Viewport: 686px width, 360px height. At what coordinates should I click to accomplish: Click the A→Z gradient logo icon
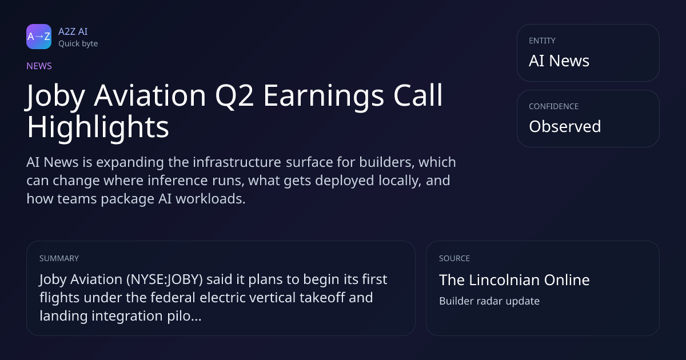tap(39, 37)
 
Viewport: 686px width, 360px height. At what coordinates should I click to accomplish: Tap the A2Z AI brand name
tap(73, 31)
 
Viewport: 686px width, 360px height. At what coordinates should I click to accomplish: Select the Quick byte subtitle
tap(78, 44)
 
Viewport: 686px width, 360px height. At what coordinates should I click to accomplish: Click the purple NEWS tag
tap(39, 66)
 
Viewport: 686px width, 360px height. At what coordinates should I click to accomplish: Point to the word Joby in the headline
tap(55, 96)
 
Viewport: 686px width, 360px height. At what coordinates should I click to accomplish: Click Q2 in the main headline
tap(234, 96)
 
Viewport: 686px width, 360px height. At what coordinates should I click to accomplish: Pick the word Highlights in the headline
tap(98, 127)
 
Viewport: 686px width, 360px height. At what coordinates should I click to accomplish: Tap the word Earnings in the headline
tap(324, 96)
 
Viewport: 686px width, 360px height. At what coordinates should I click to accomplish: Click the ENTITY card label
tap(542, 41)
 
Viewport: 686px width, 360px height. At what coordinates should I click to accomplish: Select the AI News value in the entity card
tap(559, 61)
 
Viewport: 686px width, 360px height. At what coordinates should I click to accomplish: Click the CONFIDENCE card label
tap(554, 106)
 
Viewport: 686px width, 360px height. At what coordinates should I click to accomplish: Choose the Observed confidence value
tap(565, 126)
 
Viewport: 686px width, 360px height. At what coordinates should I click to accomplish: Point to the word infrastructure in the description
tap(237, 162)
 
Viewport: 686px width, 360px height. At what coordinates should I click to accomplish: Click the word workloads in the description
tap(210, 199)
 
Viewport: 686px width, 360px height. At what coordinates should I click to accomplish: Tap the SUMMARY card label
tap(59, 258)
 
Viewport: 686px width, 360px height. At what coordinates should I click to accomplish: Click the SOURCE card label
tap(454, 258)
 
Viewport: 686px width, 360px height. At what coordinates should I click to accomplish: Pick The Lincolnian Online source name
tap(514, 280)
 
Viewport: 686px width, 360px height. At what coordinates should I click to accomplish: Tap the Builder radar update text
tap(489, 301)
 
